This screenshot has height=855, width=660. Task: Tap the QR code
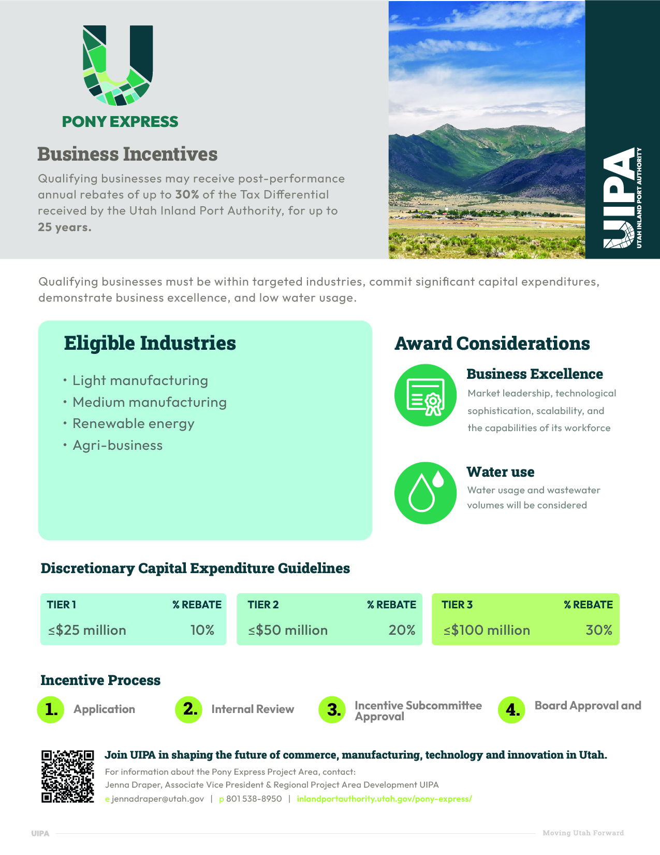click(x=67, y=776)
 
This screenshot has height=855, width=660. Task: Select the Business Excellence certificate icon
click(x=426, y=395)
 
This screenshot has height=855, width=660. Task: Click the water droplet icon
click(x=426, y=493)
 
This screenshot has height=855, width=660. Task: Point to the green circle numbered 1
click(x=51, y=709)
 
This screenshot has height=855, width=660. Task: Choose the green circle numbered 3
click(x=332, y=710)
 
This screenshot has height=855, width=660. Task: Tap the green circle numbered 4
click(x=511, y=710)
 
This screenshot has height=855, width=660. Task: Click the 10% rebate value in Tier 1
click(x=202, y=630)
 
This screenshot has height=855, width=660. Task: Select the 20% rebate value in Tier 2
click(x=402, y=630)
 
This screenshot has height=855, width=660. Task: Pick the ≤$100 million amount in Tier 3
click(x=487, y=630)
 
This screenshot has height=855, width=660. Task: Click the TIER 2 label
click(x=263, y=605)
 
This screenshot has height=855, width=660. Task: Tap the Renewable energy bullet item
click(x=133, y=424)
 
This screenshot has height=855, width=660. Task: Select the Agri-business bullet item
click(x=118, y=446)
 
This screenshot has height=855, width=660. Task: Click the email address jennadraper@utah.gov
click(x=157, y=799)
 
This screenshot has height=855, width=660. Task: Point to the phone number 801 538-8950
click(x=254, y=799)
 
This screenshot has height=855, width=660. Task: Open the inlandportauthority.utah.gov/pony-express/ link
click(x=384, y=799)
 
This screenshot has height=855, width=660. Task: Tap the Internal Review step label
click(x=253, y=709)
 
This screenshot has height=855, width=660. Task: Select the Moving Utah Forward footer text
click(x=583, y=833)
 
